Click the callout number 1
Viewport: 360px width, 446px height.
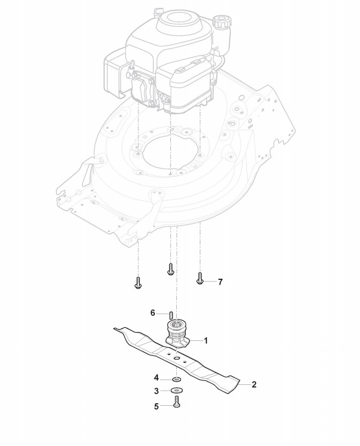click(206, 340)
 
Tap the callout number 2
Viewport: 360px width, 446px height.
click(254, 384)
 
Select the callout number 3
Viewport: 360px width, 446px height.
click(156, 391)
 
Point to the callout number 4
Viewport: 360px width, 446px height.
click(156, 377)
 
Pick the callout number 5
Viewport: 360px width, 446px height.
click(156, 406)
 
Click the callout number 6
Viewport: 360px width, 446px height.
click(153, 313)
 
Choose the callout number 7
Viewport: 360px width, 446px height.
click(220, 281)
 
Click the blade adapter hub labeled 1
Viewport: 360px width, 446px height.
click(177, 333)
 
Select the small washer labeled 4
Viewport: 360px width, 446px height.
click(177, 378)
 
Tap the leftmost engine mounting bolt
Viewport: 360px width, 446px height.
click(138, 282)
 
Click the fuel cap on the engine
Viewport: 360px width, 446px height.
click(221, 23)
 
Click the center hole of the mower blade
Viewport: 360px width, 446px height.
click(177, 356)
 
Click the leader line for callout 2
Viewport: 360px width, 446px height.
click(244, 384)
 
